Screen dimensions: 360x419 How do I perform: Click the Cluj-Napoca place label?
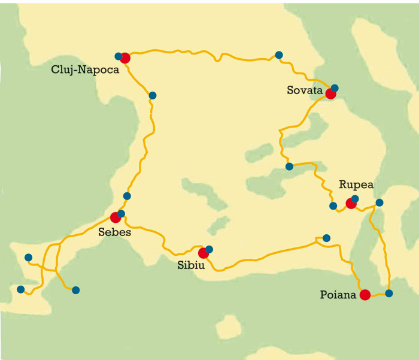(x=86, y=69)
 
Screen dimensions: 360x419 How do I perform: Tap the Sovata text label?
(x=304, y=91)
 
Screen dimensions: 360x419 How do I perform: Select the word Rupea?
(x=356, y=185)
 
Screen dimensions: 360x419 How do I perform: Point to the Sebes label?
(x=113, y=231)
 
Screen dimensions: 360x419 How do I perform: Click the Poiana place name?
(x=338, y=295)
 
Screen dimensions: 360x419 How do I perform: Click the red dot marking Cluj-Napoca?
(x=125, y=58)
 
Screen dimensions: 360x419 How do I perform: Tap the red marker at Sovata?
(x=330, y=93)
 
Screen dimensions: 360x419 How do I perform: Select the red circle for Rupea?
(x=351, y=204)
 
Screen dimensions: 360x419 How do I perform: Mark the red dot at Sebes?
(x=116, y=217)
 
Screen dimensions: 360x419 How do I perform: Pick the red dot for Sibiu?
(x=204, y=253)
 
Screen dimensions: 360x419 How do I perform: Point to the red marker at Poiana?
(x=365, y=294)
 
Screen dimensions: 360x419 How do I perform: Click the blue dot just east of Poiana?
(x=389, y=294)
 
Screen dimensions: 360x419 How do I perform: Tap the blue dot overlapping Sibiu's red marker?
(x=209, y=249)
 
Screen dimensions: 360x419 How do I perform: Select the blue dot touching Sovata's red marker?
(x=335, y=88)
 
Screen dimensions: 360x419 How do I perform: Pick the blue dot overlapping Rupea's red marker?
(x=355, y=198)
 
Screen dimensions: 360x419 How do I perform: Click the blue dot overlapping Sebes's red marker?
(x=121, y=213)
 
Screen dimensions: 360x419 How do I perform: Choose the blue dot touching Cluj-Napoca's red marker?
(x=119, y=56)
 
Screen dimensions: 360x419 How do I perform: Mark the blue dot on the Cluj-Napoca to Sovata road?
(x=278, y=55)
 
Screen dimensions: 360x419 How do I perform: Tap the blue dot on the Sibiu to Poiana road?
(x=326, y=238)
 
